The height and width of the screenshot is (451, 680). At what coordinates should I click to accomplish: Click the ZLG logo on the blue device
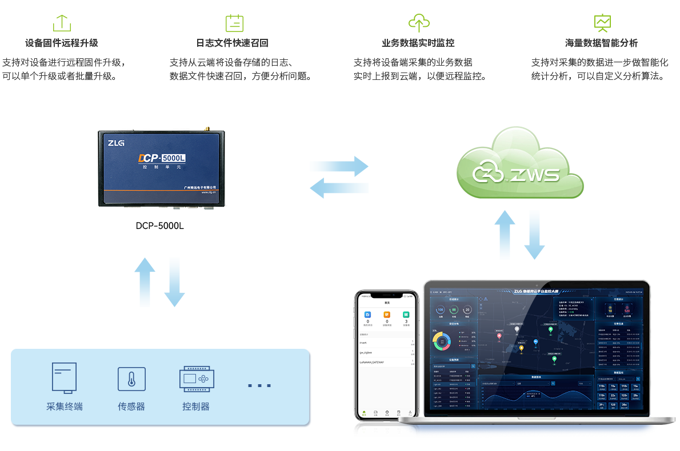[x=117, y=144]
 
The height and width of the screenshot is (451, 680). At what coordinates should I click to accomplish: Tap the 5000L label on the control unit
[x=174, y=158]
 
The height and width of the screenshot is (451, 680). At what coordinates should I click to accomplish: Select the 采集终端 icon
[x=64, y=377]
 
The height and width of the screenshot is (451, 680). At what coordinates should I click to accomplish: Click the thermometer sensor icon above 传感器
[x=131, y=379]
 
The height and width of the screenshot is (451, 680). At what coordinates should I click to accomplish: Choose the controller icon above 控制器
[x=197, y=378]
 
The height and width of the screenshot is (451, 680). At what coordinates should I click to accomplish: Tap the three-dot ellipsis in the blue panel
[x=259, y=386]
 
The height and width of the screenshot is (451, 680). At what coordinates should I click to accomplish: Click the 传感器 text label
[x=131, y=406]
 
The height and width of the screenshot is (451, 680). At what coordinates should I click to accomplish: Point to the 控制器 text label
[x=196, y=406]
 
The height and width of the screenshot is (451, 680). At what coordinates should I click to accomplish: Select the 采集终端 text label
[x=64, y=406]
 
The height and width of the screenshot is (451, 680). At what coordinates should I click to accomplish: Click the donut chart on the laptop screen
[x=442, y=341]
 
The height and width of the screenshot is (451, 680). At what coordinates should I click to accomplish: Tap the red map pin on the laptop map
[x=499, y=336]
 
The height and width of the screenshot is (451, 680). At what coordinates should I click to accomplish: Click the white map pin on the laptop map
[x=517, y=329]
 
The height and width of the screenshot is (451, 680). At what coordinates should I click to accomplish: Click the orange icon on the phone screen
[x=387, y=315]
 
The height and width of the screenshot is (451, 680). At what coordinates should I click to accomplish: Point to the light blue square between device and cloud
[x=339, y=177]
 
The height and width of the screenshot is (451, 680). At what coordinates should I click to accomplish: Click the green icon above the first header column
[x=62, y=23]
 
